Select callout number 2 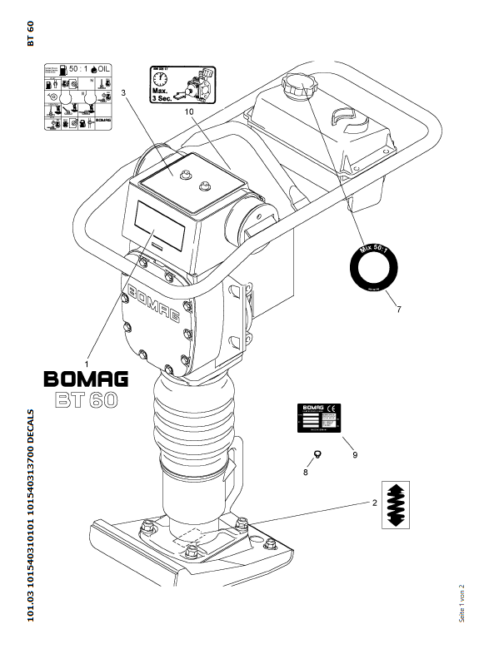coord(374,503)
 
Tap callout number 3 coord(124,93)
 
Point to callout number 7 coord(399,310)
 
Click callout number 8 coord(305,472)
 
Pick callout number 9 coord(355,455)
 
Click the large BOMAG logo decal coord(85,380)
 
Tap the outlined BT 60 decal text coord(87,400)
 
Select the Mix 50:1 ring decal coord(371,268)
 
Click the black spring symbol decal coord(397,504)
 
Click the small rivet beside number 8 coord(317,453)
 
